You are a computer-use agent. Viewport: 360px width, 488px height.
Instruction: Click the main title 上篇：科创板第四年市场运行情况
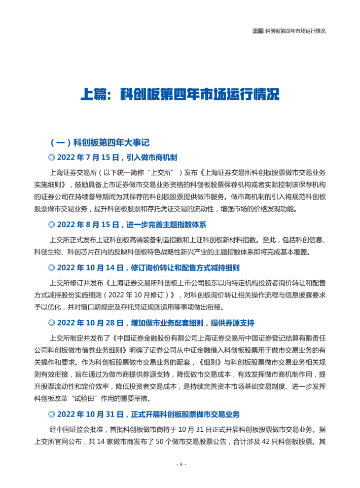[x=180, y=94]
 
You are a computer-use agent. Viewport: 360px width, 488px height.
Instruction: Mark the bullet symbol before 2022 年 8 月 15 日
[x=51, y=224]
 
